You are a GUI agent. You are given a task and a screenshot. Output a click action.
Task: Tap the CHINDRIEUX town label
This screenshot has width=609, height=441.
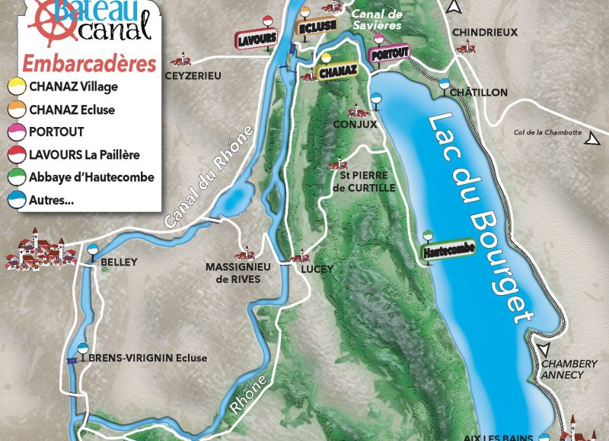tap(484, 32)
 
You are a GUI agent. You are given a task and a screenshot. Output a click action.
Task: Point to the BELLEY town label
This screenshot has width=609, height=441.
tap(119, 262)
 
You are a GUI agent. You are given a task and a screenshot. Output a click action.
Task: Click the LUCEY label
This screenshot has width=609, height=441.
tap(317, 269)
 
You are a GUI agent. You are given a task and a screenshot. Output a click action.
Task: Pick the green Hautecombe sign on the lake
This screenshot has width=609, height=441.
tap(448, 250)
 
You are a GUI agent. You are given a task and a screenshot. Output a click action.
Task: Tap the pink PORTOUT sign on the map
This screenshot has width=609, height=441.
tap(389, 52)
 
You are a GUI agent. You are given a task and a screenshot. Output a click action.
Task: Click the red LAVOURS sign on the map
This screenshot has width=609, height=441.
tap(256, 38)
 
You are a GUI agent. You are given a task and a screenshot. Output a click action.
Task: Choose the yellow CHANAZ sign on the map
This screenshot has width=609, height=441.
tap(336, 72)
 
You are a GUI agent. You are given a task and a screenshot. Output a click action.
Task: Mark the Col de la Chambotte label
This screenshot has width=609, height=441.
tap(547, 132)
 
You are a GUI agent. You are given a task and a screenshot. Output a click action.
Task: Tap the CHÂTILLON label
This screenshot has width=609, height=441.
tap(478, 92)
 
